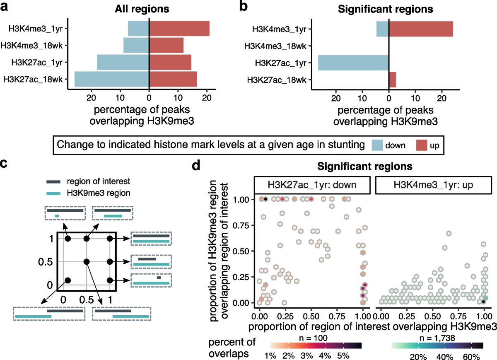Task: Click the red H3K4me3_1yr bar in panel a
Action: tap(179, 28)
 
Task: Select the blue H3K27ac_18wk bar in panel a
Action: tap(111, 79)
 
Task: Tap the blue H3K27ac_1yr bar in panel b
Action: tap(353, 62)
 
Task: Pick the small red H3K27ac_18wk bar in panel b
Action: tap(392, 79)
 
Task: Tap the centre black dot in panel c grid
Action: tap(86, 261)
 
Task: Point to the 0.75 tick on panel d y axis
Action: tap(239, 225)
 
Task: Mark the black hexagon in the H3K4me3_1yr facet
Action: tap(484, 302)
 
